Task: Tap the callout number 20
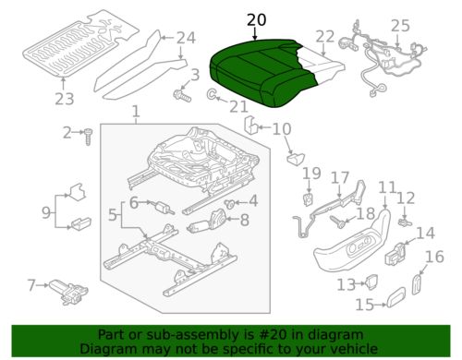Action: (x=255, y=20)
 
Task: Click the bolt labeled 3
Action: (x=181, y=94)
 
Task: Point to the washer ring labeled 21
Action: (x=213, y=95)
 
